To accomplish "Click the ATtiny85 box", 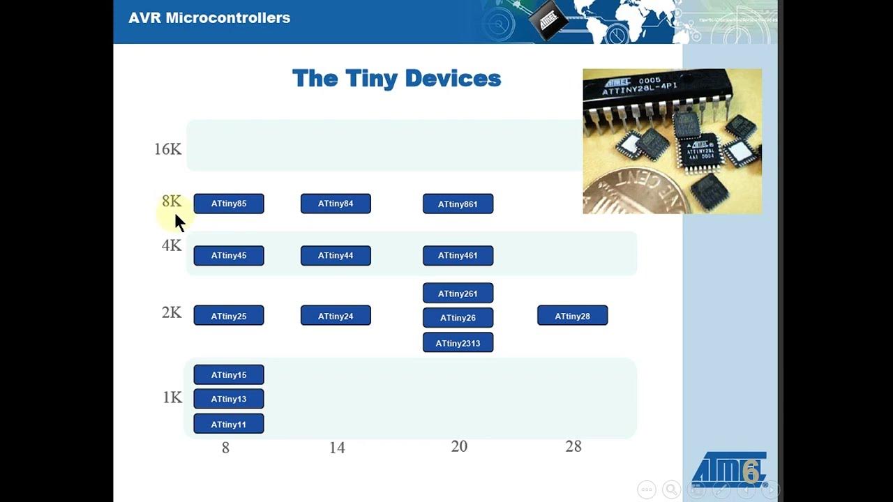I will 229,204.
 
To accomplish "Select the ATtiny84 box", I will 336,204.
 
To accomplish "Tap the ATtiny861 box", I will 458,204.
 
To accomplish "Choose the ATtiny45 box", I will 229,256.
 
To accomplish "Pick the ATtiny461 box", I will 458,256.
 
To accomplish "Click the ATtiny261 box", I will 458,294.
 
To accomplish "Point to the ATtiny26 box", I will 458,318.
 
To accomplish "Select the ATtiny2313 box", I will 458,343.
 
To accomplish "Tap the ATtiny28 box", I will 572,316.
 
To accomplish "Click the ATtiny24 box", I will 336,316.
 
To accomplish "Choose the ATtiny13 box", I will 229,399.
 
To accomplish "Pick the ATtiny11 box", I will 229,424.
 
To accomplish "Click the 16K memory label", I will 167,149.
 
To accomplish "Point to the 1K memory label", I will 172,397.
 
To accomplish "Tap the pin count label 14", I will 337,448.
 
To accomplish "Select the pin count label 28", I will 573,446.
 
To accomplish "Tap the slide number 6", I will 750,472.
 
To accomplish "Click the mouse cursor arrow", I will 179,222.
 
